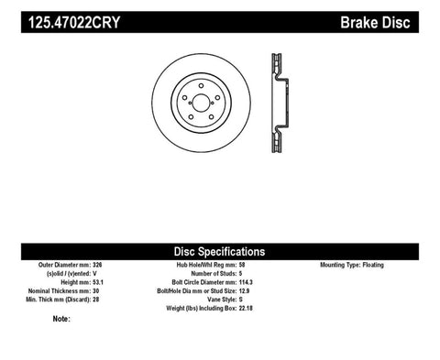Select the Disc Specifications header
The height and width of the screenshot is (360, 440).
pos(219,250)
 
